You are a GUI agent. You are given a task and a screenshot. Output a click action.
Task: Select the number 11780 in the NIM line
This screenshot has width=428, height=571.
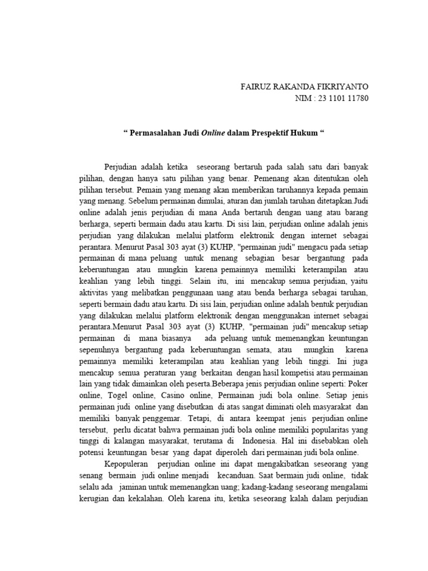(357, 99)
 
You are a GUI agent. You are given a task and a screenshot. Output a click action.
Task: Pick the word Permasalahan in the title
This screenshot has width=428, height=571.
(154, 133)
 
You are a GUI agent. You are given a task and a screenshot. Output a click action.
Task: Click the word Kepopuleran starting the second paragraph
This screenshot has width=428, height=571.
(128, 464)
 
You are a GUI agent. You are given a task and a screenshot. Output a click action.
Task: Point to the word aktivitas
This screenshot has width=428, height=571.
(94, 293)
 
